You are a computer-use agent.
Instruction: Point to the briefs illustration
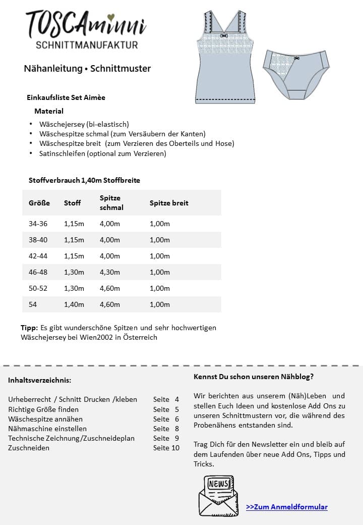click(296, 72)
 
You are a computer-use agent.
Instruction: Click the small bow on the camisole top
click(225, 36)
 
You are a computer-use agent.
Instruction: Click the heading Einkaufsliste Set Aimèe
click(66, 97)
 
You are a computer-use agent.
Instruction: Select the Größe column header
click(39, 203)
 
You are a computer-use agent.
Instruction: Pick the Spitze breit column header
click(169, 203)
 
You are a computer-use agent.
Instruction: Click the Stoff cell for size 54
click(74, 304)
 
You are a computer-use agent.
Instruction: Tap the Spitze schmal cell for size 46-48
click(110, 272)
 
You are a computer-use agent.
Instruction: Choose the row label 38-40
click(39, 240)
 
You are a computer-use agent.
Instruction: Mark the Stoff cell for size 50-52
click(74, 288)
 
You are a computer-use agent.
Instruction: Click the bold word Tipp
click(29, 328)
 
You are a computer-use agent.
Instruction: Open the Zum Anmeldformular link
click(286, 507)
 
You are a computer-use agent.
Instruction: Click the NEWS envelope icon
click(218, 495)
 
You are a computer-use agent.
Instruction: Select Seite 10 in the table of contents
click(166, 448)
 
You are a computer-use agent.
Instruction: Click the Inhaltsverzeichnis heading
click(39, 380)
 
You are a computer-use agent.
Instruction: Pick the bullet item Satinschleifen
click(102, 153)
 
